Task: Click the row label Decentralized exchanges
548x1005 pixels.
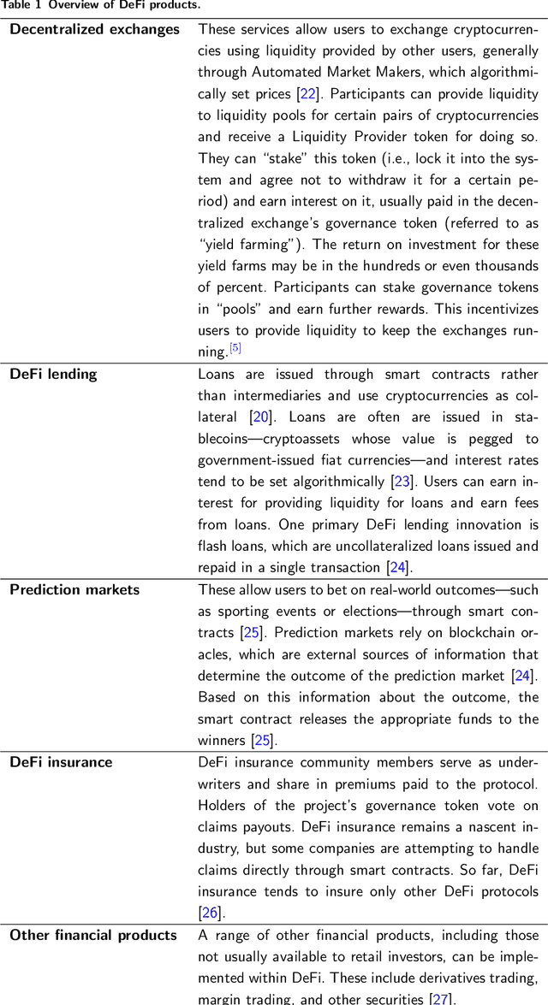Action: [x=94, y=29]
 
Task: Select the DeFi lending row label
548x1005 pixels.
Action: [x=53, y=374]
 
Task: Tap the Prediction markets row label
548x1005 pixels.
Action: [x=74, y=589]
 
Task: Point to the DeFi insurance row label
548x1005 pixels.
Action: [x=61, y=762]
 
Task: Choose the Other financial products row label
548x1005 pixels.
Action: [x=93, y=935]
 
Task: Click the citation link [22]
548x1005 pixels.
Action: [x=307, y=94]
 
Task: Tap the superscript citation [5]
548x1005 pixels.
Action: [x=235, y=347]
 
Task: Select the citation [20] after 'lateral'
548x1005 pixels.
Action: [x=259, y=417]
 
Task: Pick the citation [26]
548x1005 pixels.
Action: [x=210, y=913]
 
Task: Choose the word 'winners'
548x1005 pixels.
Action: [x=222, y=740]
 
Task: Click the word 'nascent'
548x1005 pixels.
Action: [x=472, y=827]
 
